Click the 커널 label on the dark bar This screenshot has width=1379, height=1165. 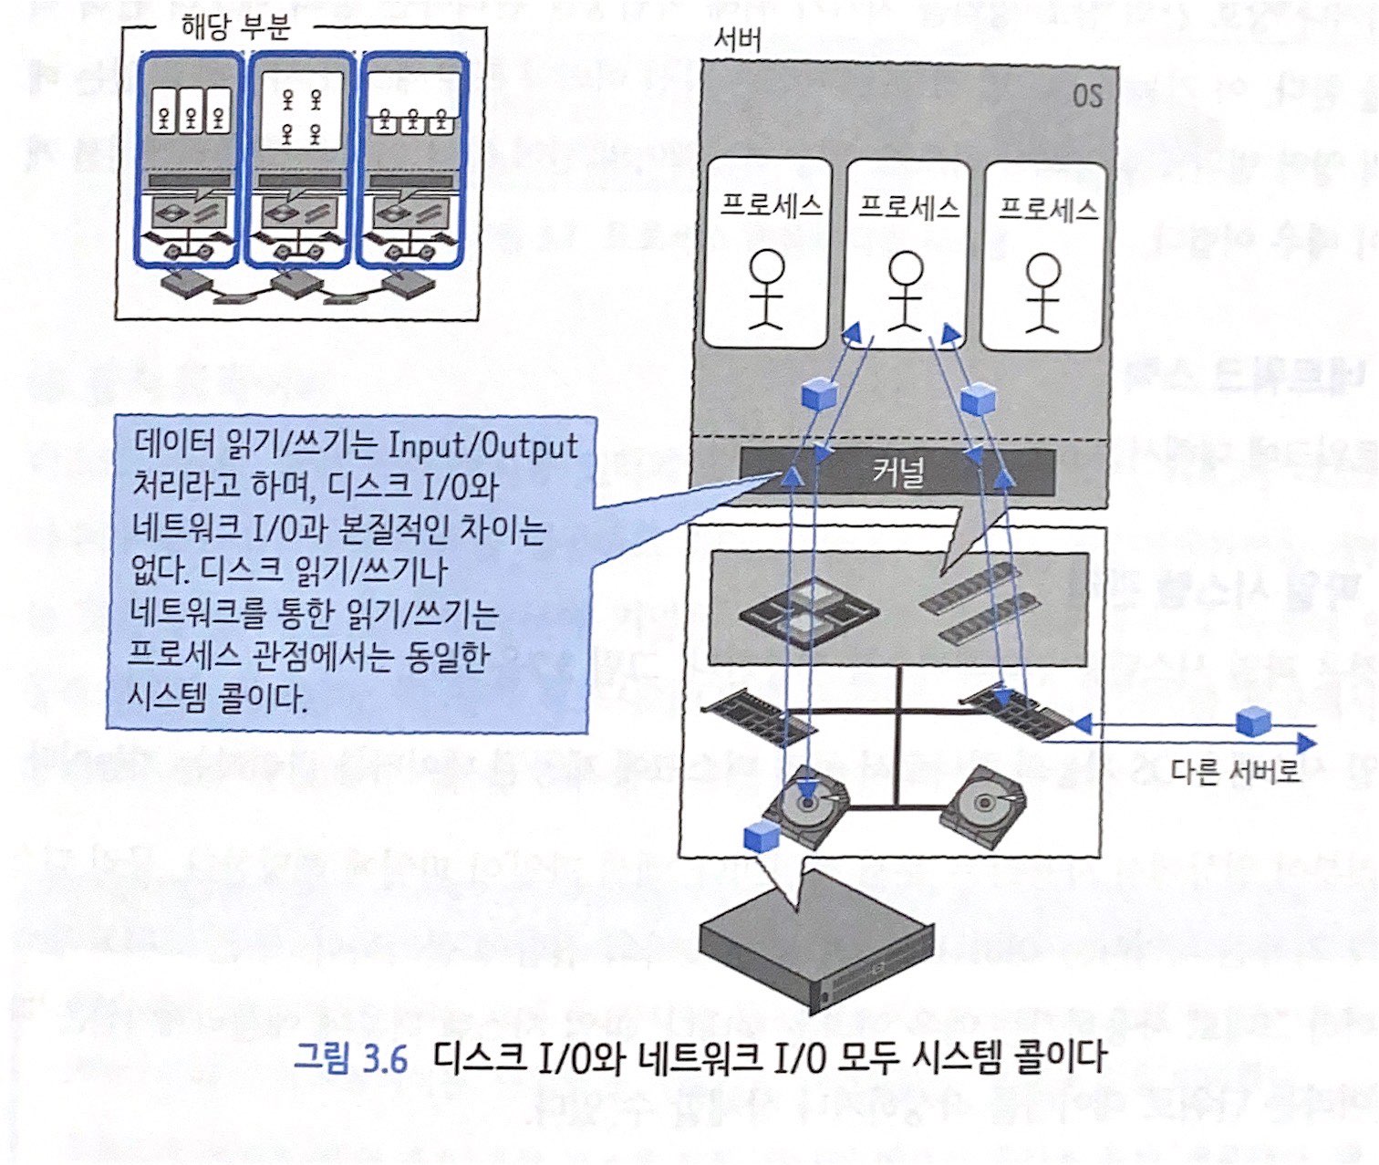coord(898,473)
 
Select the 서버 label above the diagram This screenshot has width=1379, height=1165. coord(739,39)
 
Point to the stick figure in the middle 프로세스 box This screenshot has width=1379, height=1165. coord(906,290)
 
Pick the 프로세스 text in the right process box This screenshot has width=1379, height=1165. coord(1047,210)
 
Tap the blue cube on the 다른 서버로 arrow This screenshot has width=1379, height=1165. coord(1252,723)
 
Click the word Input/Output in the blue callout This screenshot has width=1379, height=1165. coord(483,445)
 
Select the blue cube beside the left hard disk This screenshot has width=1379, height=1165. coord(761,837)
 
